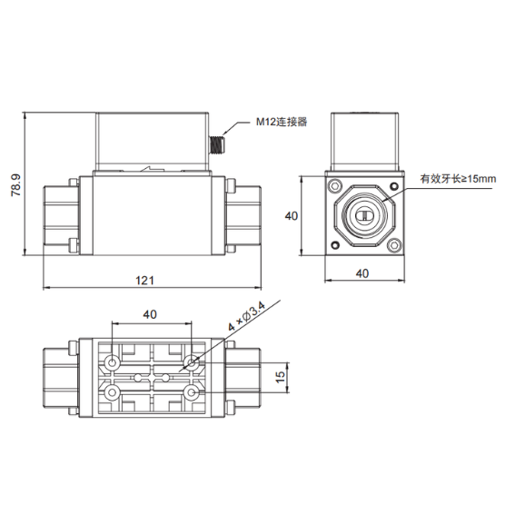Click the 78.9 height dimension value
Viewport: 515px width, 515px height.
tap(16, 185)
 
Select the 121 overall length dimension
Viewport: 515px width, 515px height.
tap(144, 280)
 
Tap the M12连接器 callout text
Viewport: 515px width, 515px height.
tap(282, 122)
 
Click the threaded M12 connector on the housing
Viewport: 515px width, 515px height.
tap(216, 144)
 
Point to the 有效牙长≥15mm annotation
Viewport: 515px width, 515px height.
tap(458, 179)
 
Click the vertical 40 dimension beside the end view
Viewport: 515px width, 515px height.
tap(292, 216)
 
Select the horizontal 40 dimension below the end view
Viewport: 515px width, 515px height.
tap(362, 272)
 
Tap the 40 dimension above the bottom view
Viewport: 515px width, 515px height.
tap(150, 314)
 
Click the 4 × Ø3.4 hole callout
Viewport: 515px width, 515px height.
tap(247, 317)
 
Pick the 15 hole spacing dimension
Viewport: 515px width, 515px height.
tap(280, 377)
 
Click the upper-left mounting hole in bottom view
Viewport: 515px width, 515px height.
tap(112, 362)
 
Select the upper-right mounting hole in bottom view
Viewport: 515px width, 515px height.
tap(191, 362)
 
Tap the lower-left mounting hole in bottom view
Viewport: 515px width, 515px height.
tap(112, 392)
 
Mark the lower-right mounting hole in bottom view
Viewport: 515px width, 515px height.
tap(191, 392)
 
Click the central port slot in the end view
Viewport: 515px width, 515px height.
tap(364, 215)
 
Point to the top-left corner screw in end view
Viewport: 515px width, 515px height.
tap(335, 186)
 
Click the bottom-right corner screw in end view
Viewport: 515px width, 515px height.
tap(394, 244)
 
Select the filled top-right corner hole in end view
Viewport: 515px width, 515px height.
tap(394, 186)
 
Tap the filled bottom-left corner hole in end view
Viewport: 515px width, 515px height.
tap(335, 244)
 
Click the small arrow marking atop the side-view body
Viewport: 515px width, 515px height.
tap(152, 169)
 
